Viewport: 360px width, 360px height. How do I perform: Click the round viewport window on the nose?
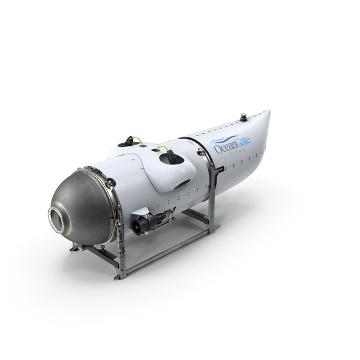tap(56, 220)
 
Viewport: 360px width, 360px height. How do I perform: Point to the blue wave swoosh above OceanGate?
tap(221, 140)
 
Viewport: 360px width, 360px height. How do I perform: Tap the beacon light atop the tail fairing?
tap(244, 117)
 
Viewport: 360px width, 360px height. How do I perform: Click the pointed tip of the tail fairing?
tap(270, 110)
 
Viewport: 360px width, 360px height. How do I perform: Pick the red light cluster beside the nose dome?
tap(110, 183)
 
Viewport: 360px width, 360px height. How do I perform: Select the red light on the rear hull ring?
tap(199, 151)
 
